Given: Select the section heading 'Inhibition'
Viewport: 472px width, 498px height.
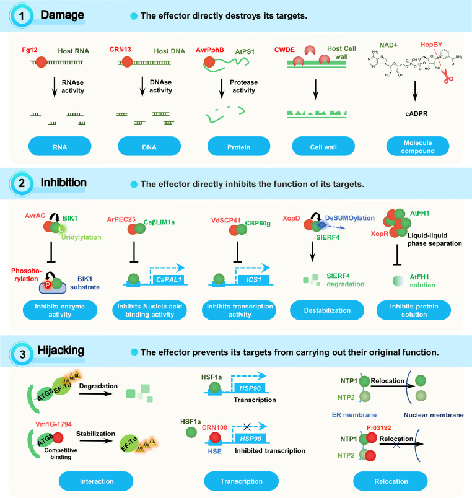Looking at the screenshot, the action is tap(64, 183).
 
